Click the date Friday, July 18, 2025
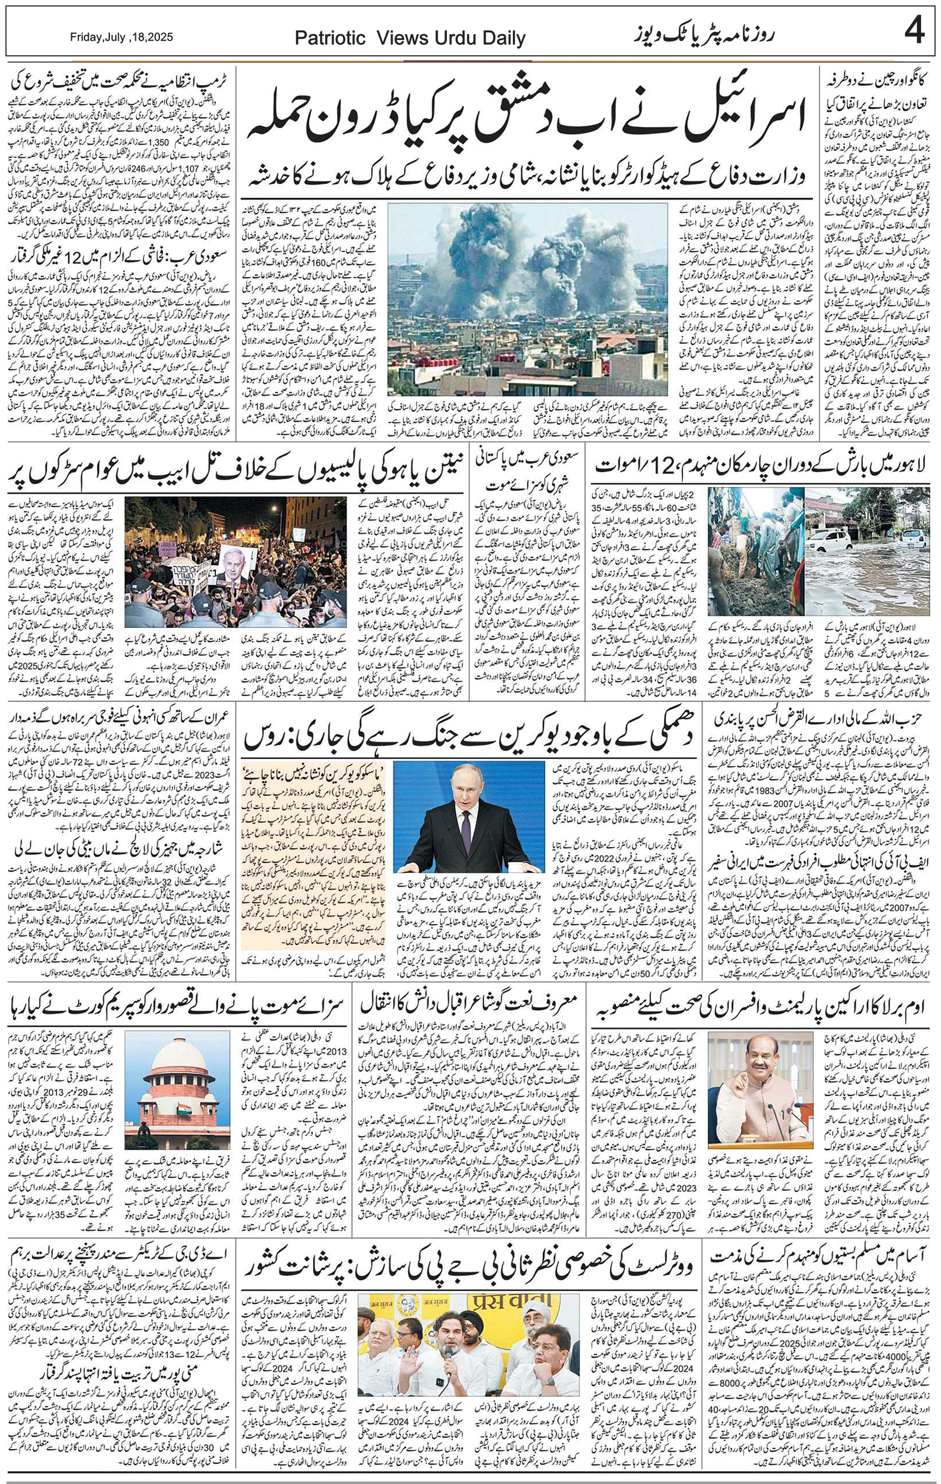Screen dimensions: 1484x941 coord(122,37)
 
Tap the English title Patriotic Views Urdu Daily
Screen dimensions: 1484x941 coord(409,39)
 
